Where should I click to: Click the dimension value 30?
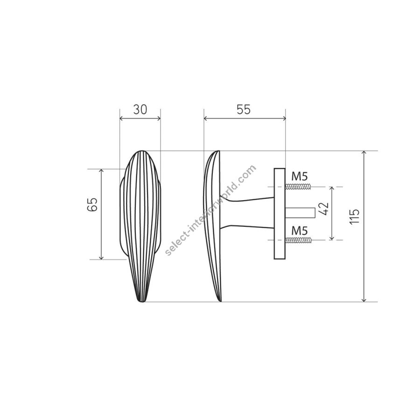[x=140, y=109]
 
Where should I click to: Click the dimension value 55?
[x=244, y=109]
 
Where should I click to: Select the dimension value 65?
[x=92, y=205]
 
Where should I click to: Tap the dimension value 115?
[x=354, y=217]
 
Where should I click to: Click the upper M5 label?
[x=300, y=176]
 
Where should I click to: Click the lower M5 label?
[x=300, y=231]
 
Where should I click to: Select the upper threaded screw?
[x=298, y=186]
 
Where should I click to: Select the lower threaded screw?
[x=298, y=240]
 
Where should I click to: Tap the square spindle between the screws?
[x=300, y=213]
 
